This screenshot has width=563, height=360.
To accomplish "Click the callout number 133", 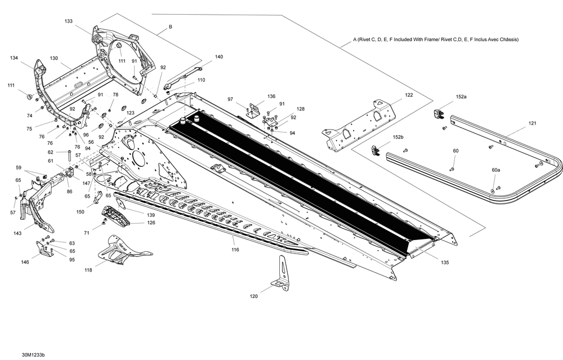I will point(69,21).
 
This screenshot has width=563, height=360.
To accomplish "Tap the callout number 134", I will point(14,58).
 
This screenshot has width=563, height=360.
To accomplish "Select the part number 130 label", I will point(54,58).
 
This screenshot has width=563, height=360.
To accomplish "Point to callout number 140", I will point(218,57).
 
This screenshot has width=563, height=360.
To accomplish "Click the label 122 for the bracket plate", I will point(409,95).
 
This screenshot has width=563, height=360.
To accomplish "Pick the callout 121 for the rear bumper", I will point(532,123).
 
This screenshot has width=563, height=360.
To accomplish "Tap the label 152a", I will point(461,97).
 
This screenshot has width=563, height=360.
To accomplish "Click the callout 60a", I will point(495,170).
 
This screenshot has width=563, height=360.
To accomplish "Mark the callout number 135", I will point(445,262).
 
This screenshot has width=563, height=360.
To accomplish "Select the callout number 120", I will point(254,295).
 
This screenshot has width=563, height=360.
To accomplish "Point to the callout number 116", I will point(235,249).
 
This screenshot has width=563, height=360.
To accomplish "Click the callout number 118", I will point(88,270).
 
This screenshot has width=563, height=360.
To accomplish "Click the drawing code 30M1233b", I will point(34,355).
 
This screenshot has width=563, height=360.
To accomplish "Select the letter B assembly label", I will point(171,27).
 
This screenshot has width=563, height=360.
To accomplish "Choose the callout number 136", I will point(271,96).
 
